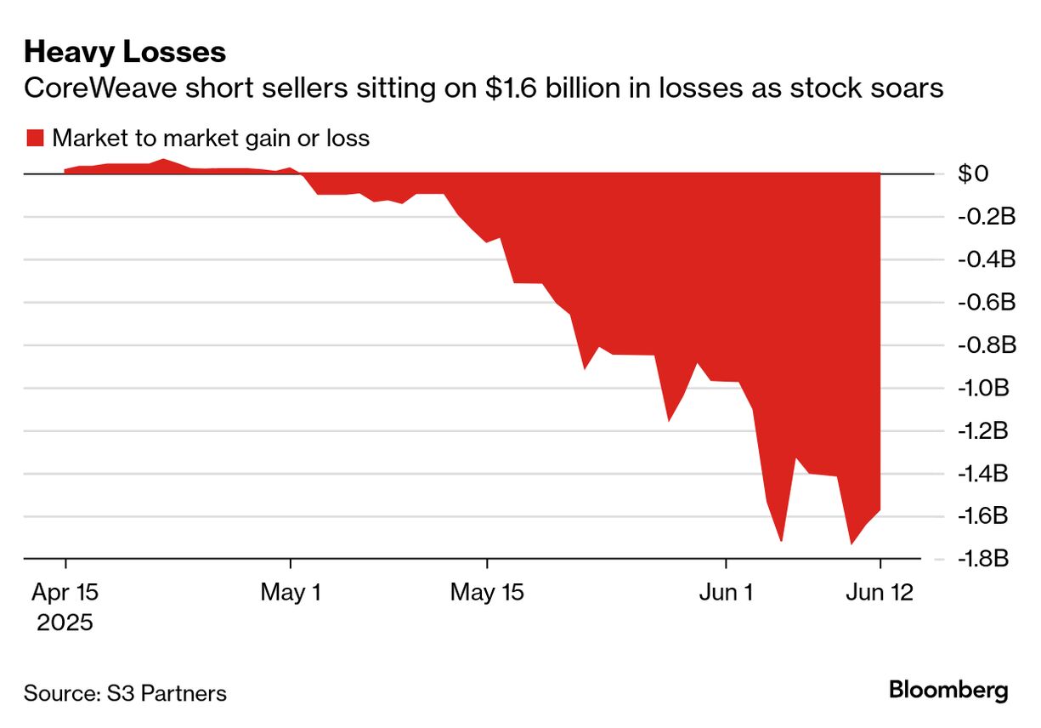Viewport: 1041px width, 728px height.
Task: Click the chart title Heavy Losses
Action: point(125,52)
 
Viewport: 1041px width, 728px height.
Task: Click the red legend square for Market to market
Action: point(35,138)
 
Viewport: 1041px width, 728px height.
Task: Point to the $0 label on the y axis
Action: point(973,174)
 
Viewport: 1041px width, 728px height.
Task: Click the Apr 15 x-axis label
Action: point(65,592)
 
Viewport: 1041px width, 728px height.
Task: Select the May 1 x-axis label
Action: point(291,592)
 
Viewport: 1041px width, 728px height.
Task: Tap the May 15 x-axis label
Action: point(487,592)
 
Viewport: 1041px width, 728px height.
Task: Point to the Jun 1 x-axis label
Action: point(727,592)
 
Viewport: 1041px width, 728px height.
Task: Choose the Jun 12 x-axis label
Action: point(880,592)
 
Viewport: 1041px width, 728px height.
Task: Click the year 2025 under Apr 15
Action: point(65,623)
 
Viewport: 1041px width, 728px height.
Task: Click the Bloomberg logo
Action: point(948,690)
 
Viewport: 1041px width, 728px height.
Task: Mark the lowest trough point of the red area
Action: point(851,543)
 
